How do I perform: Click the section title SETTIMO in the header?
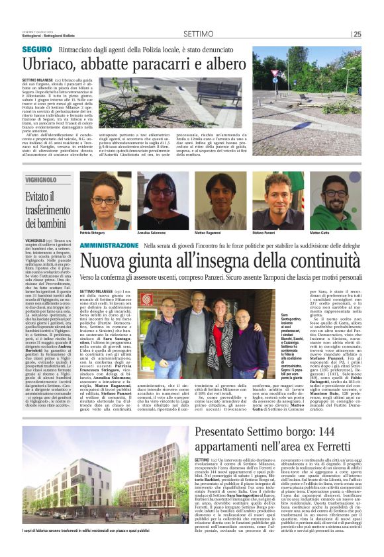point(197,34)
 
